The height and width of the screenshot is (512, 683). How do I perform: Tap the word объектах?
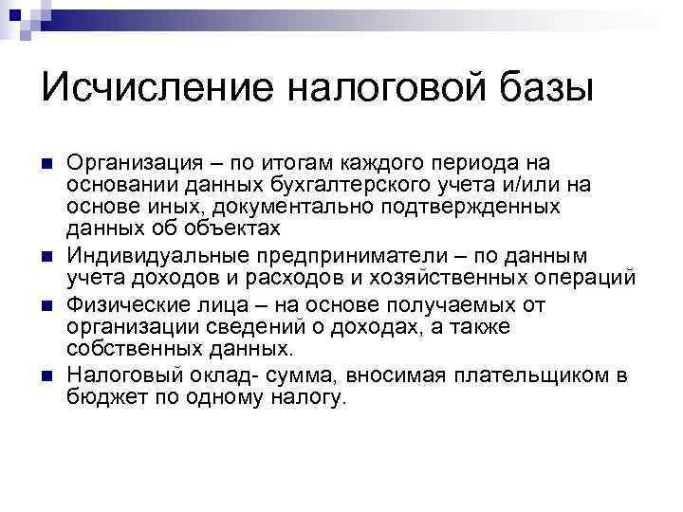(238, 229)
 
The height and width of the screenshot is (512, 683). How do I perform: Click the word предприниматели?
(360, 256)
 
